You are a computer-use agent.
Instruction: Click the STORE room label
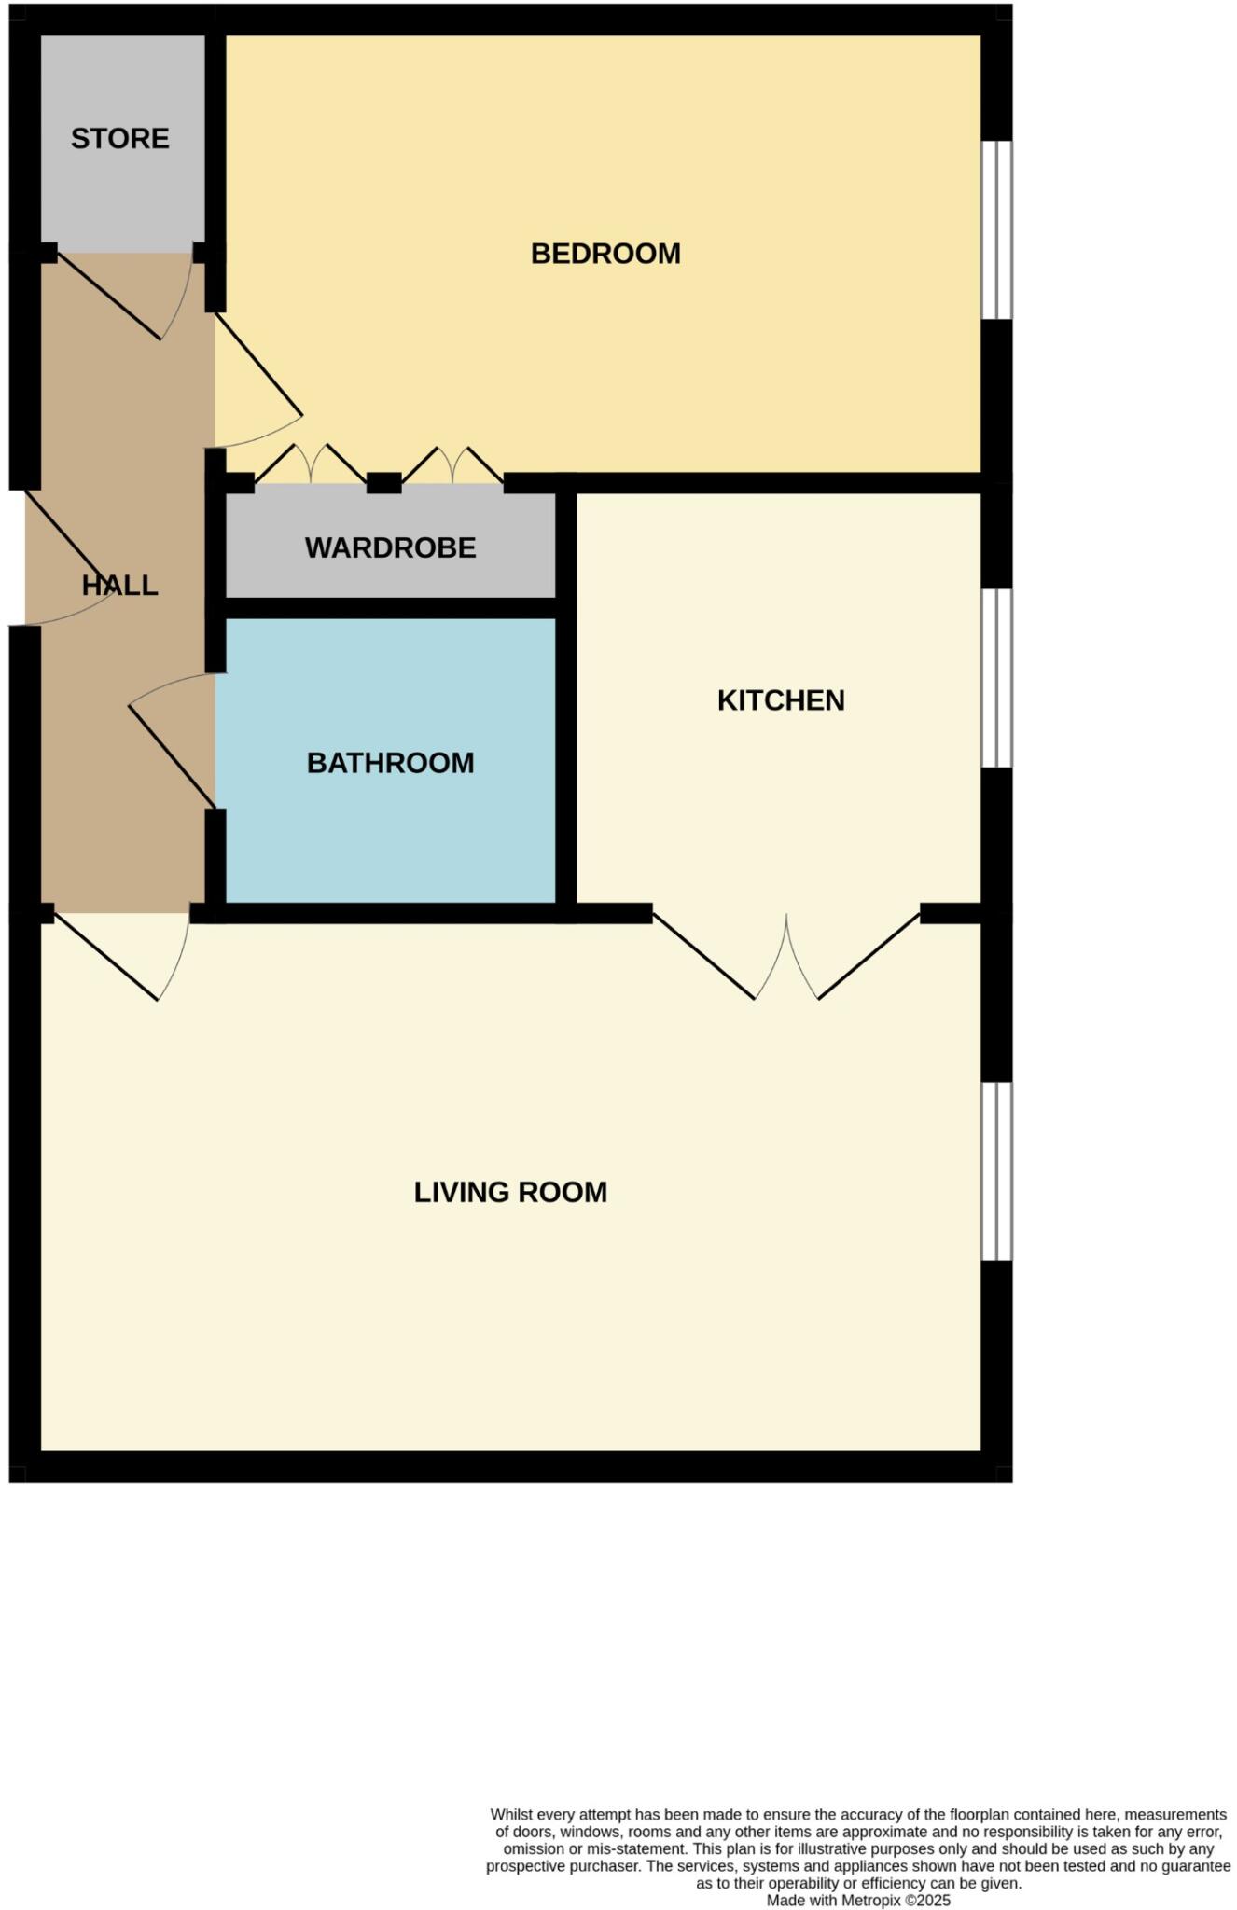[x=120, y=139]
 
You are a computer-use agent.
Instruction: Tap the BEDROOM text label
[x=605, y=254]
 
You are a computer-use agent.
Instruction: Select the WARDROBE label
[x=390, y=547]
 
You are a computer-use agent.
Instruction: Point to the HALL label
[x=119, y=586]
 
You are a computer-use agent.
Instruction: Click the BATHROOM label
[x=390, y=763]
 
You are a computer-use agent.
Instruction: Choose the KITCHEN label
[x=781, y=700]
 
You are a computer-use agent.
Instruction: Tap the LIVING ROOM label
[x=510, y=1192]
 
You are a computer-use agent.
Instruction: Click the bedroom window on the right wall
[x=996, y=229]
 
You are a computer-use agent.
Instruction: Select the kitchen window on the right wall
[x=996, y=677]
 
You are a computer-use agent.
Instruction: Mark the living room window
[x=996, y=1171]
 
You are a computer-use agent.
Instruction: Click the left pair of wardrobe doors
[x=310, y=464]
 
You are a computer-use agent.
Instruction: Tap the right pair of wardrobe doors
[x=452, y=464]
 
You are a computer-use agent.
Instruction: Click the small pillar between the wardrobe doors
[x=383, y=483]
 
